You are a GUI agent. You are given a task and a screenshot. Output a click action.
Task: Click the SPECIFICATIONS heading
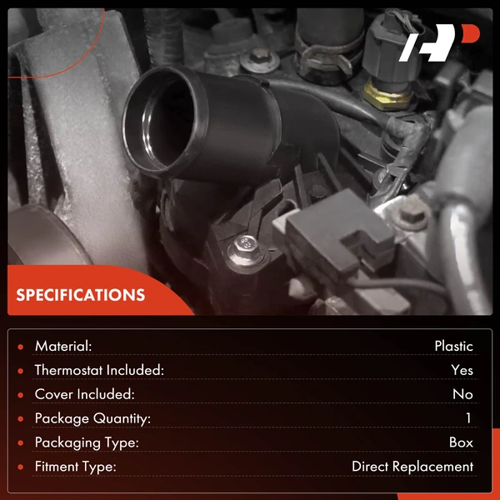81,295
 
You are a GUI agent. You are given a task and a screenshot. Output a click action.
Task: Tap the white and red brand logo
439,42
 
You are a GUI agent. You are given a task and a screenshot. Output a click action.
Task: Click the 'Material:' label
63,347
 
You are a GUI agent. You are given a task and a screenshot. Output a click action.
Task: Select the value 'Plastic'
454,347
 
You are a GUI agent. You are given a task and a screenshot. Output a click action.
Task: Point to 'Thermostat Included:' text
99,370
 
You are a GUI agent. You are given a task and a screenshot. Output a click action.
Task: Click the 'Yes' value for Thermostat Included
462,370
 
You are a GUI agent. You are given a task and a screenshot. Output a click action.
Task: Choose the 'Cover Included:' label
84,394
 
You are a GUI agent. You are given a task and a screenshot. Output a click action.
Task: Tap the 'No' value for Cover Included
462,394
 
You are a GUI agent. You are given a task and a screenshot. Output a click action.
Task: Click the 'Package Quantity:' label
92,418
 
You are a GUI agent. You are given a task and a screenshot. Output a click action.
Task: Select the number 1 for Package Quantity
468,418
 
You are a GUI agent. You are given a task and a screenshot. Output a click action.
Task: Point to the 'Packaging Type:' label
87,443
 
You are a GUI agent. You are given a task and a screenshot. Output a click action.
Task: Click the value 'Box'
461,442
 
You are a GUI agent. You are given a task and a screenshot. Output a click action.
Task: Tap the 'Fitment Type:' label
76,467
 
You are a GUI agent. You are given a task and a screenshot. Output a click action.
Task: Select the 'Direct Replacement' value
412,467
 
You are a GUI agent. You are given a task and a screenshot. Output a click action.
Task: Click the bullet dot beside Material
21,347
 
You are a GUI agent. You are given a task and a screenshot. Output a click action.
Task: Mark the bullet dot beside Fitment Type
21,467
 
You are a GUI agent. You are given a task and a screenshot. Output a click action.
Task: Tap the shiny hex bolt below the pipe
247,251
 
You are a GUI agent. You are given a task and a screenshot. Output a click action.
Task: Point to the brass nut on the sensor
387,95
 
